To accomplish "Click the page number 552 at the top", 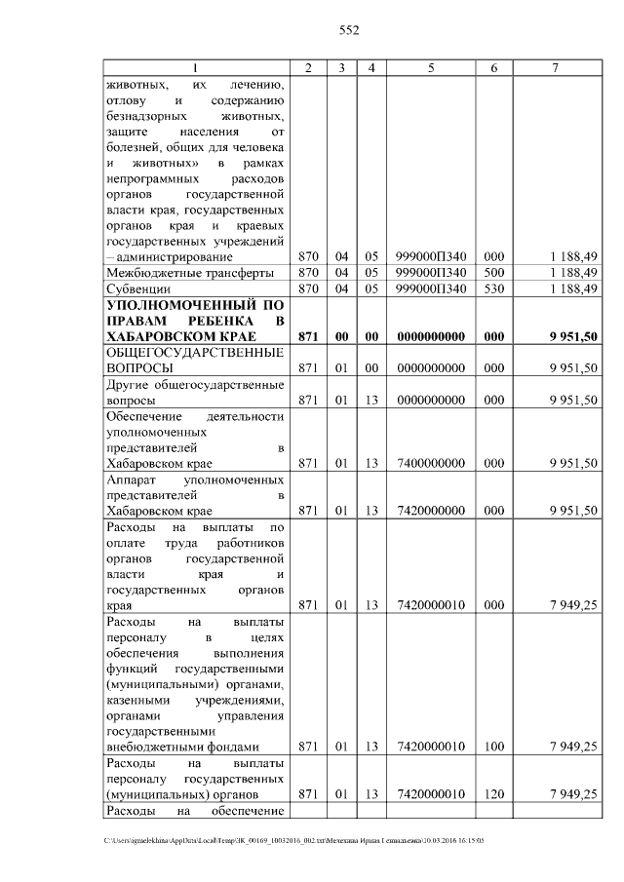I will point(349,30).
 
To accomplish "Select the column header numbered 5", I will point(431,67).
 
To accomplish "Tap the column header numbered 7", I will point(555,67).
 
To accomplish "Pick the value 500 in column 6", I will point(494,272).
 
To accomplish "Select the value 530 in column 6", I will point(494,288).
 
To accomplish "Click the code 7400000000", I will point(431,463).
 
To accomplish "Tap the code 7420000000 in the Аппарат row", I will point(431,510).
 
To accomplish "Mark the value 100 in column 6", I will point(494,747).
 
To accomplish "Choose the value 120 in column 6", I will point(494,794).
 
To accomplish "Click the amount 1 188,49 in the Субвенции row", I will point(572,288).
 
